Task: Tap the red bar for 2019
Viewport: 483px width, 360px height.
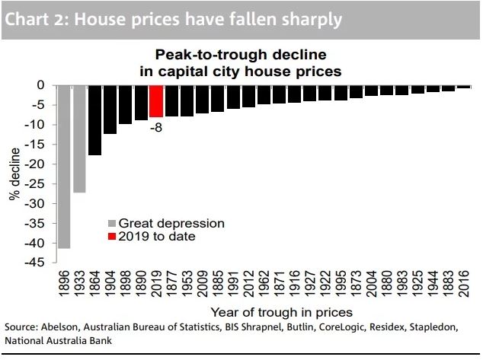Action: pos(156,100)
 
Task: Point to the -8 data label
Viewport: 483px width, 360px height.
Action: pos(155,127)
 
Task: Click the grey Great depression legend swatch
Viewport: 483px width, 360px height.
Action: pos(111,223)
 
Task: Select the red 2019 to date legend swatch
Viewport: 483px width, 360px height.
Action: pos(111,236)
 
